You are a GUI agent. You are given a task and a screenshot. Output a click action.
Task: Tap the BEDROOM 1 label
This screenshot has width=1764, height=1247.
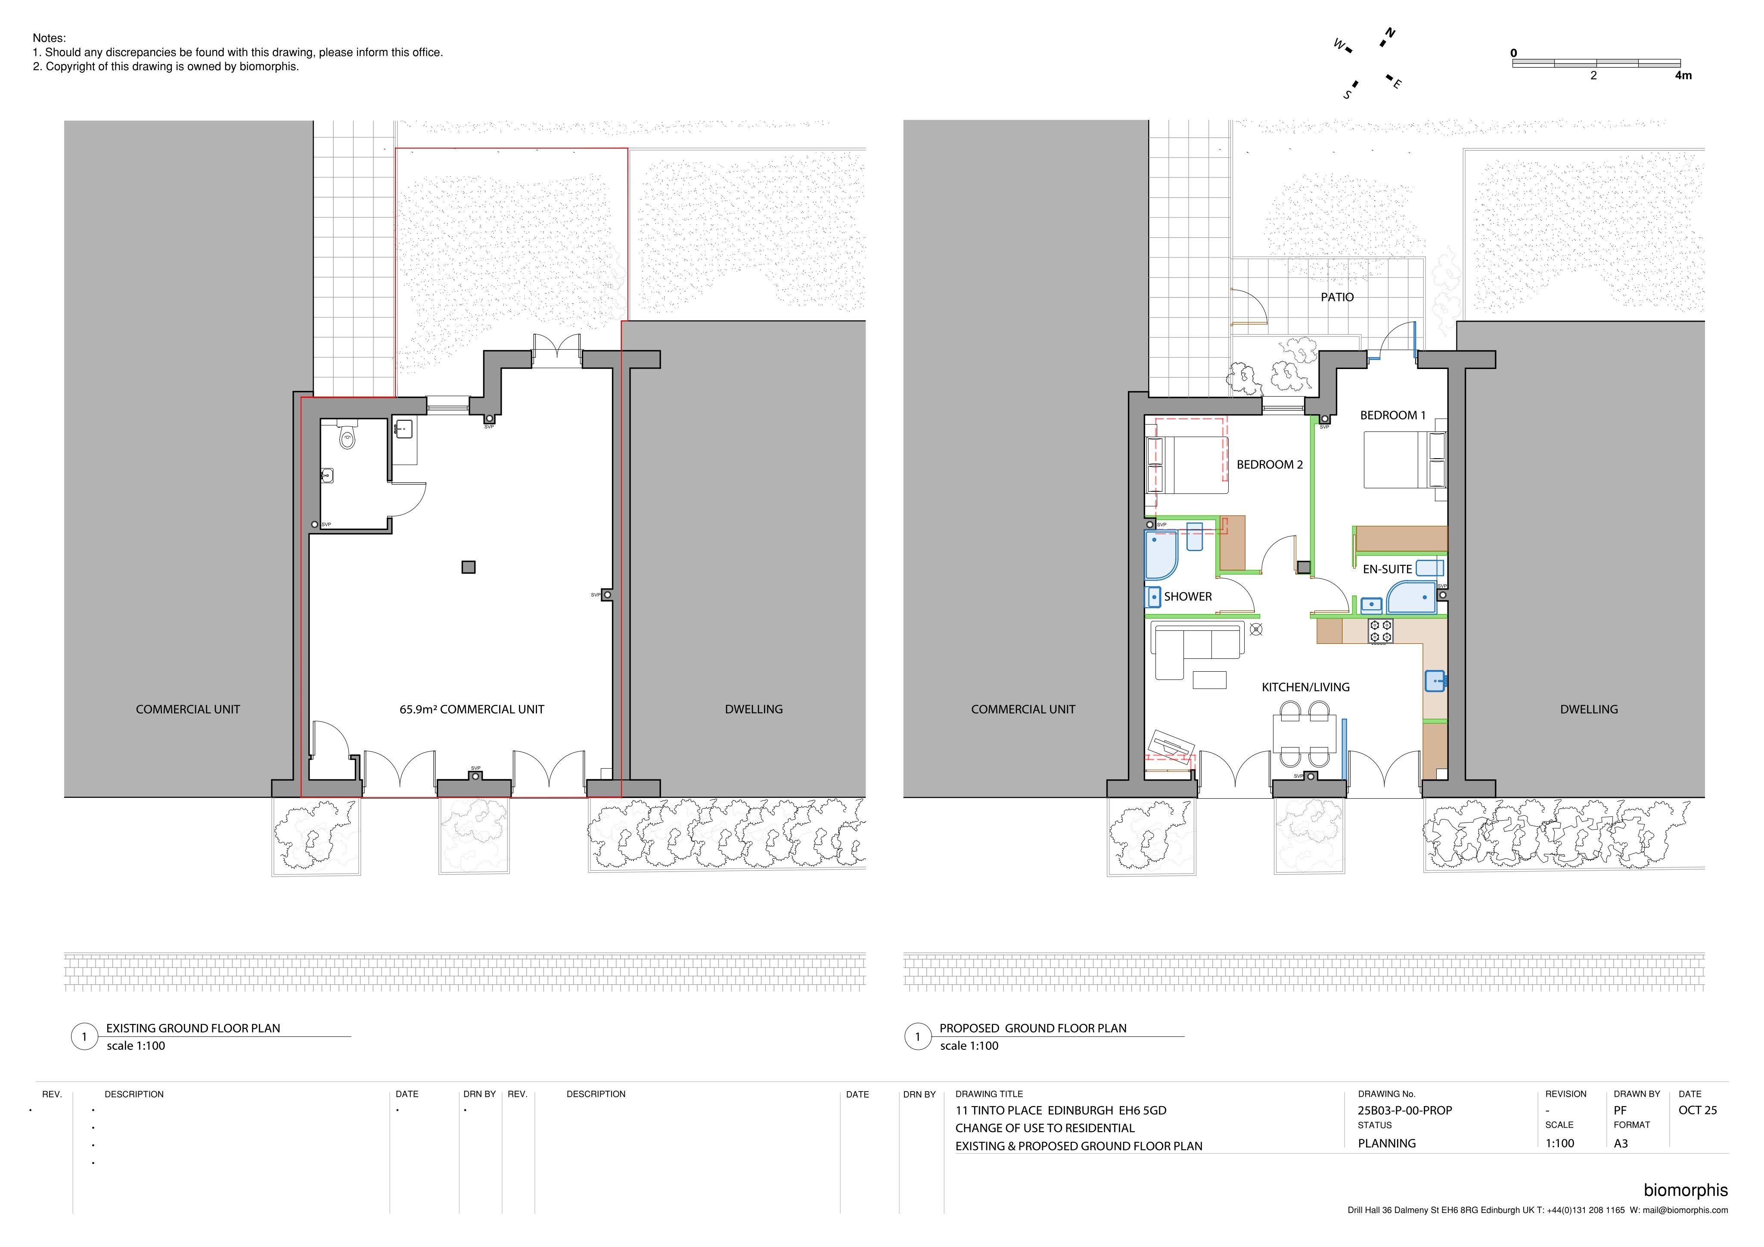pos(1392,416)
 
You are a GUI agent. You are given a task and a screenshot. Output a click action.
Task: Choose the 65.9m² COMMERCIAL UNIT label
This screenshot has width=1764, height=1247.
pos(472,709)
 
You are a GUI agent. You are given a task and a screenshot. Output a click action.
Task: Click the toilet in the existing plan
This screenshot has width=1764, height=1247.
pos(347,436)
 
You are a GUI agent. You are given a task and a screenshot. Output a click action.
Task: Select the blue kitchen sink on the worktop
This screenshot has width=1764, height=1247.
pos(1435,681)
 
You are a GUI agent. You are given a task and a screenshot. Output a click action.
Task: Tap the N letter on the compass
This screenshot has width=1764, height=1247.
pos(1390,33)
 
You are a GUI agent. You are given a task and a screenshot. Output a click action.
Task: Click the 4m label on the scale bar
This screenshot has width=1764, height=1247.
pos(1683,75)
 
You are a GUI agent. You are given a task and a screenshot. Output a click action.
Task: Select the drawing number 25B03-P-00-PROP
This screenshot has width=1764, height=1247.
pos(1404,1110)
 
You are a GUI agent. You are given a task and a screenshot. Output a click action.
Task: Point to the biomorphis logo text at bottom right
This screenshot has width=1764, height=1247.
pos(1686,1190)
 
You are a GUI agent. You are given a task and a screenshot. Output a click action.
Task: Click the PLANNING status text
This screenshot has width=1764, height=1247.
pos(1387,1143)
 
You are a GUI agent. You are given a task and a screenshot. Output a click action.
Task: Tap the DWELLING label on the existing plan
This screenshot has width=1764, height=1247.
pos(754,709)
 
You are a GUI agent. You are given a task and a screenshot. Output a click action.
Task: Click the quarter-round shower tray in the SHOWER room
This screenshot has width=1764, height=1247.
pos(1161,555)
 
